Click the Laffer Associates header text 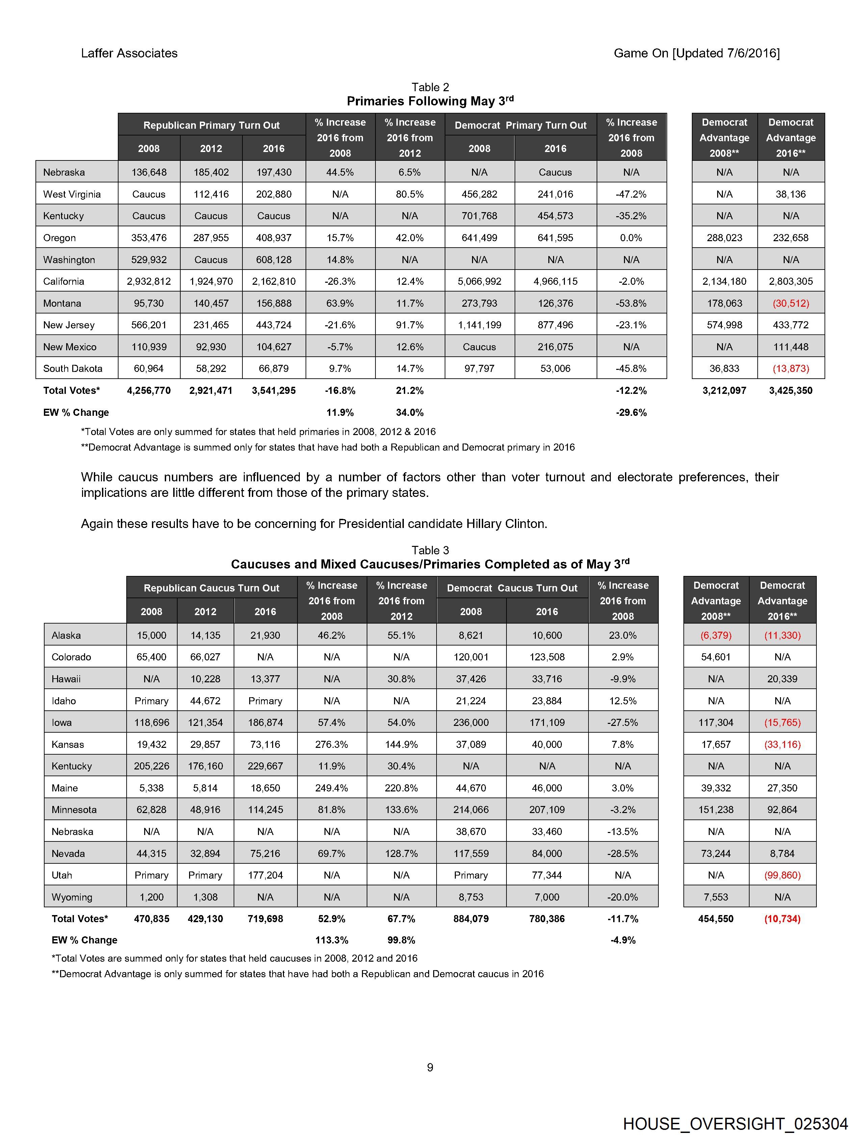click(129, 53)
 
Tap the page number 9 click(430, 1067)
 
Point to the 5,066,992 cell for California click(479, 281)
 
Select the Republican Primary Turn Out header click(211, 125)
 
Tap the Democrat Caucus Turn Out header click(512, 588)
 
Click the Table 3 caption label click(430, 551)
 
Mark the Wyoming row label click(72, 897)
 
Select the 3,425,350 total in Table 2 click(790, 390)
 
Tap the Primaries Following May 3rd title click(430, 101)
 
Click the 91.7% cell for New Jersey click(410, 325)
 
